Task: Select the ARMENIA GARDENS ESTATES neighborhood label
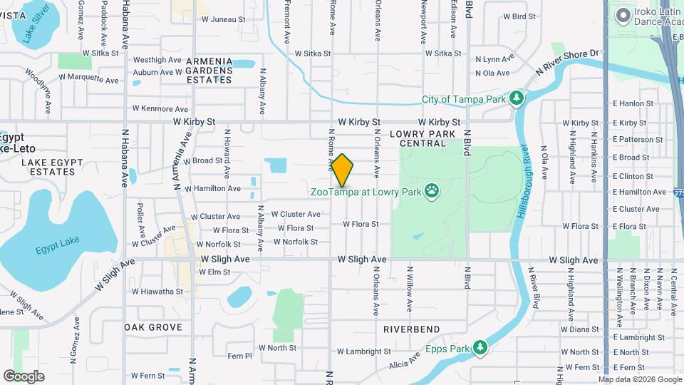tap(209, 70)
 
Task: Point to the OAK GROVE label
tap(153, 327)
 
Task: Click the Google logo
tap(24, 376)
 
